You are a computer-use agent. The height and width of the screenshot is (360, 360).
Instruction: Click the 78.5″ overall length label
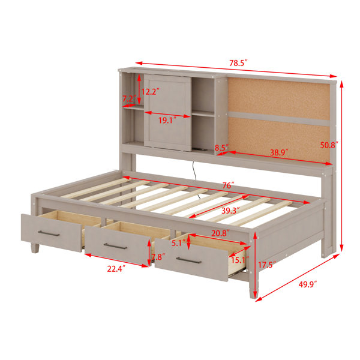click(239, 63)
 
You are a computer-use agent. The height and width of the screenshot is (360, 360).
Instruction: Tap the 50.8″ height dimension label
click(329, 145)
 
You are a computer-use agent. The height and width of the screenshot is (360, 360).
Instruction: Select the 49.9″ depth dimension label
click(308, 284)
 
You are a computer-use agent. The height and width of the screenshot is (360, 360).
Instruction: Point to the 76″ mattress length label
click(228, 185)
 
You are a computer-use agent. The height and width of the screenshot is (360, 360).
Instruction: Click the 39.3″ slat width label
click(230, 211)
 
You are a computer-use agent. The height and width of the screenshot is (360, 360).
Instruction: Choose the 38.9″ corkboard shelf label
click(279, 152)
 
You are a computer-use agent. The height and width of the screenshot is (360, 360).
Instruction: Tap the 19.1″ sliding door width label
click(167, 120)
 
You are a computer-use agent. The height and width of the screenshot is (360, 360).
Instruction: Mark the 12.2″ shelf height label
click(150, 92)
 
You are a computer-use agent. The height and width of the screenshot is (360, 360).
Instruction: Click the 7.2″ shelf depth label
click(129, 99)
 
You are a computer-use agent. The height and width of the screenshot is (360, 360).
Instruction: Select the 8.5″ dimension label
click(222, 148)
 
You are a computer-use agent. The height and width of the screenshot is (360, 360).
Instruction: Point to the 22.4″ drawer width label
click(116, 268)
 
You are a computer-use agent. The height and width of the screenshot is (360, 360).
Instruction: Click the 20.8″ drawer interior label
click(220, 233)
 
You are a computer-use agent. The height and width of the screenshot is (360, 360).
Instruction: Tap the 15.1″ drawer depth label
click(240, 260)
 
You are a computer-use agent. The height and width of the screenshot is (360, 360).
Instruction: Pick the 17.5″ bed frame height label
click(266, 265)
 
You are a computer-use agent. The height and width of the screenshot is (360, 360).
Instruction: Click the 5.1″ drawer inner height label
click(179, 243)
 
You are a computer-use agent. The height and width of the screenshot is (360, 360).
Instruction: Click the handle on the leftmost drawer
click(49, 233)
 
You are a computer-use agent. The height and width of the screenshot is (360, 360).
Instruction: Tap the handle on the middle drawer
click(115, 246)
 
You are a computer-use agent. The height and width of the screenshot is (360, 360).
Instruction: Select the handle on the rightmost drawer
click(188, 260)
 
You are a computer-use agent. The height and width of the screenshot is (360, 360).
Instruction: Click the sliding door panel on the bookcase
click(167, 113)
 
